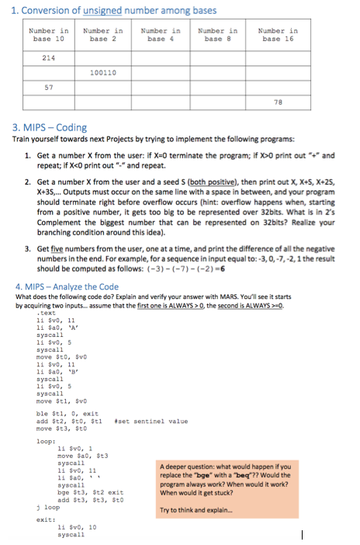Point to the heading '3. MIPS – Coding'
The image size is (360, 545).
(50, 127)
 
